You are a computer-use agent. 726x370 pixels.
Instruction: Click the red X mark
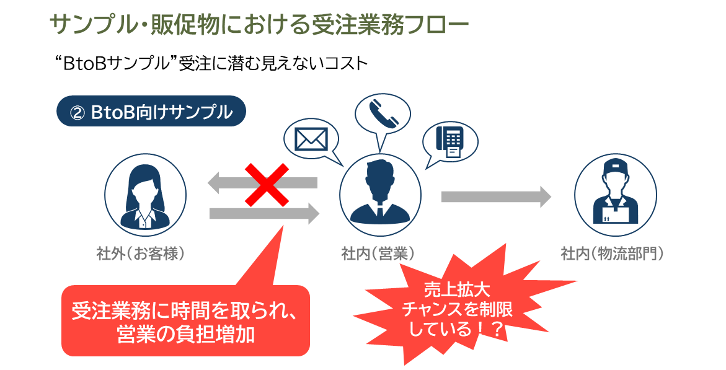point(266,185)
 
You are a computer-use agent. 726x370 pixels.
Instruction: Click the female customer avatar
point(145,194)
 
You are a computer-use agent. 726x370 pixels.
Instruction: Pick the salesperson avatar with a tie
point(379,194)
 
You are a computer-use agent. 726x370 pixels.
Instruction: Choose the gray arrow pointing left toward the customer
point(262,182)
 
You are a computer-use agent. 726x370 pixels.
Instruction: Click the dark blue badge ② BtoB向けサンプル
point(151,112)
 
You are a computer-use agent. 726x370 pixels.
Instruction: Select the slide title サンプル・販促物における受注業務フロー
point(259,26)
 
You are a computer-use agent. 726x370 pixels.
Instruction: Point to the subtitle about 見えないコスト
point(211,64)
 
